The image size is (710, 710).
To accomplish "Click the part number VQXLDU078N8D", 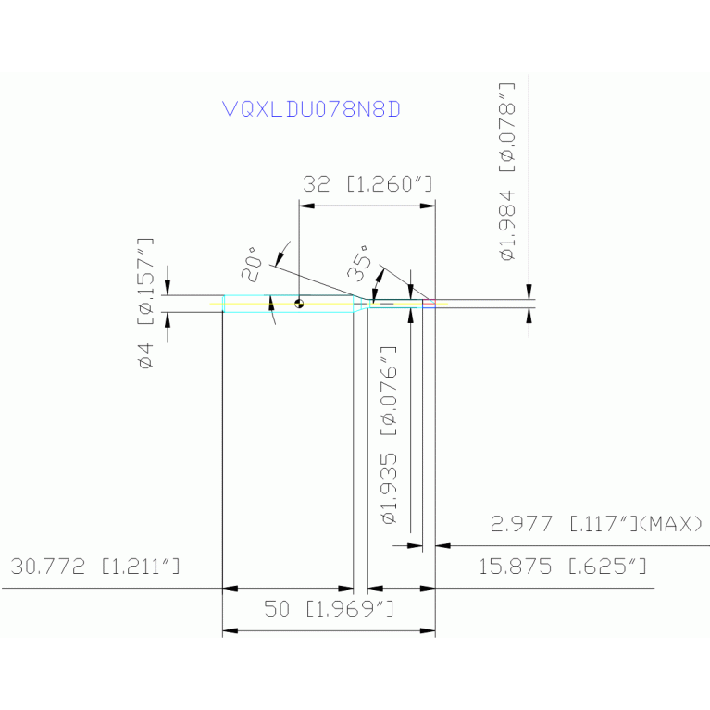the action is point(313,109).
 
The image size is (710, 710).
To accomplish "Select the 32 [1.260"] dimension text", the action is point(367,184).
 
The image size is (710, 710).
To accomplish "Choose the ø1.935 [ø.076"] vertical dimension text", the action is point(390,436).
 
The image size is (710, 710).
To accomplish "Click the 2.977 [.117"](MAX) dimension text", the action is point(596,525).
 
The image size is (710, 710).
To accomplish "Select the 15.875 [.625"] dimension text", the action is point(562,567).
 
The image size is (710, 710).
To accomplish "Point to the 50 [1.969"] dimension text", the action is point(330,610).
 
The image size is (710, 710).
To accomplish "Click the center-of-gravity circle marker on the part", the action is point(299,303).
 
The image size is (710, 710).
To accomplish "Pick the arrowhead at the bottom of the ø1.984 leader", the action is point(529,293).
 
